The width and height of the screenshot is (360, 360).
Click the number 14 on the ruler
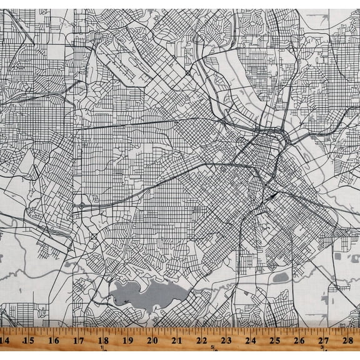pos(5,341)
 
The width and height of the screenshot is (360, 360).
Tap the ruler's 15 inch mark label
pos(29,341)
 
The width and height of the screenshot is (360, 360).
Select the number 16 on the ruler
pos(54,341)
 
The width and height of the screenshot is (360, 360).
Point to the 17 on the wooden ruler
pos(79,341)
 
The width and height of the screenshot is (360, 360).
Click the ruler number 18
pos(103,341)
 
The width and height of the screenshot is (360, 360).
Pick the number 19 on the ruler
pos(127,341)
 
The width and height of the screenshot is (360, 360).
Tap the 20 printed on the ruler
pos(152,341)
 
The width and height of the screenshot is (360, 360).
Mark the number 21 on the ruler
pos(177,341)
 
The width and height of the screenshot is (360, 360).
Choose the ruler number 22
pos(201,341)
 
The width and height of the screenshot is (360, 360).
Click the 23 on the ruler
pos(226,341)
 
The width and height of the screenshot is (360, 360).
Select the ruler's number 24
pos(251,341)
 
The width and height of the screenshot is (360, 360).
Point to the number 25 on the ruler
pos(275,341)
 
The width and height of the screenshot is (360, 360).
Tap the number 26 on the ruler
pos(300,341)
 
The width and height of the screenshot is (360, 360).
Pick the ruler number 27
pos(324,341)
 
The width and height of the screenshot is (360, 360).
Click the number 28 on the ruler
pos(349,341)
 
